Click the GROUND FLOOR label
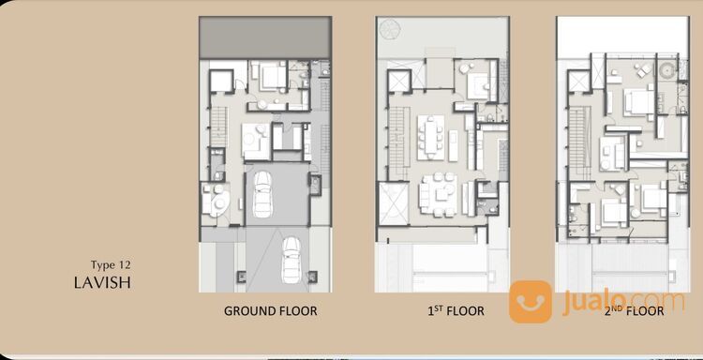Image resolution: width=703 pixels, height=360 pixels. click(270, 310)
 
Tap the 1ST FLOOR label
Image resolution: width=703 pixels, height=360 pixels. click(456, 310)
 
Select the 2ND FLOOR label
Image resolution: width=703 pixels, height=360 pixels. click(634, 310)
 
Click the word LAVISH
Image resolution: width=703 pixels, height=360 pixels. click(103, 283)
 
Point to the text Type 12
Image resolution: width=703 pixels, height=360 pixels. click(111, 265)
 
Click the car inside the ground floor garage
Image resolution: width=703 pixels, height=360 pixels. click(262, 194)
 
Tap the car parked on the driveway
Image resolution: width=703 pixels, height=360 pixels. click(292, 260)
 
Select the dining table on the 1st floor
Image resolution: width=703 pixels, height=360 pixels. click(430, 137)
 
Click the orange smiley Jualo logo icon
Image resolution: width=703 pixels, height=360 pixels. click(531, 302)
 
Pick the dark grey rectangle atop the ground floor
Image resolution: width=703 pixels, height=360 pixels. click(265, 37)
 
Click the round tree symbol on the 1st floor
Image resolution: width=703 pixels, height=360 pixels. click(387, 28)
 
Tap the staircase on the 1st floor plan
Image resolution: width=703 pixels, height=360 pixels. click(397, 142)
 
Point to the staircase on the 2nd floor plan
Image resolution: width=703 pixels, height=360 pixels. click(577, 142)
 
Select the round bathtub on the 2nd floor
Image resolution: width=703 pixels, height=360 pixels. click(668, 71)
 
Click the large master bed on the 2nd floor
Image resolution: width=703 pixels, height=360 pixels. click(639, 102)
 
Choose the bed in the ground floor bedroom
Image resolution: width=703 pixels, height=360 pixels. click(272, 76)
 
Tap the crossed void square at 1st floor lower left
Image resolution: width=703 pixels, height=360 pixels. click(394, 203)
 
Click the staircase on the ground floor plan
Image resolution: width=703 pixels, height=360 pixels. click(219, 127)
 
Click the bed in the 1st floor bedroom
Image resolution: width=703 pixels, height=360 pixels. click(478, 85)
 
